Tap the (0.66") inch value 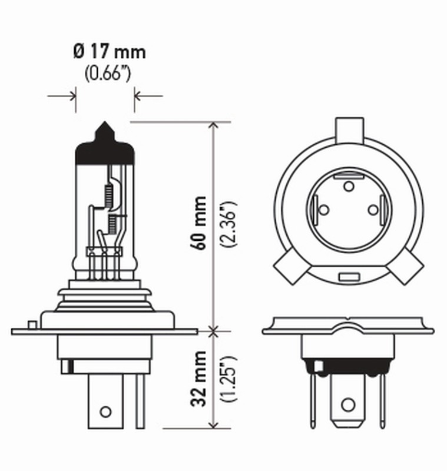106,74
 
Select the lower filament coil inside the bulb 111,223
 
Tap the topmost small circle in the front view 348,187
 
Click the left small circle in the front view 323,210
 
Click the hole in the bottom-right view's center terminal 348,405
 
